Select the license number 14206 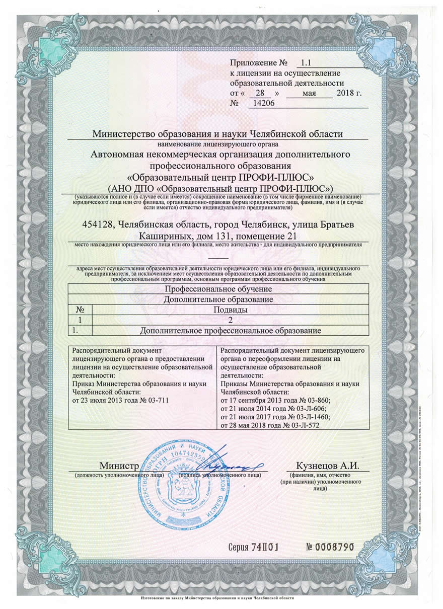point(261,104)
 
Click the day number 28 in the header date point(260,94)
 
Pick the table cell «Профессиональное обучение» point(218,289)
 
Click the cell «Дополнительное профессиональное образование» point(231,330)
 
